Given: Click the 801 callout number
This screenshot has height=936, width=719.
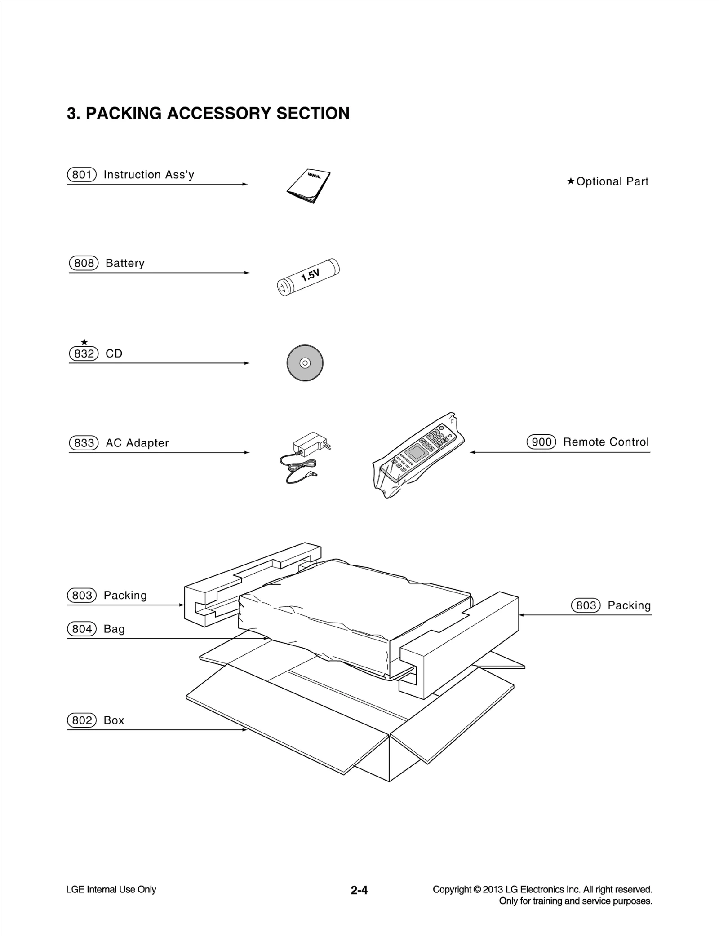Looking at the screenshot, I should coord(82,175).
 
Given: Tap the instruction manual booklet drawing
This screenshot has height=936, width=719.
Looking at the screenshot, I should coord(308,186).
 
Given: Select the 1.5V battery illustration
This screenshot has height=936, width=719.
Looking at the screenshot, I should coord(308,276).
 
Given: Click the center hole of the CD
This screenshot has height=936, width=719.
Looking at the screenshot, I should coord(305,363).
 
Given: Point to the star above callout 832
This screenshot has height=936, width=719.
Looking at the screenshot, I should coord(84,342).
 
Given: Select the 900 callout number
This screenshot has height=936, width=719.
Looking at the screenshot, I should coord(541,442).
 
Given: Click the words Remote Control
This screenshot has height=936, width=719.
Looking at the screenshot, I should coord(606,442).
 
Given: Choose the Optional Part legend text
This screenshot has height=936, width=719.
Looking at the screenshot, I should coord(612,181).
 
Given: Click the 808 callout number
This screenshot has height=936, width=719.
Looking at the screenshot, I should coord(84,263).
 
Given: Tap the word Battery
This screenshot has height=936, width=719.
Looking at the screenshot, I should coord(125,263).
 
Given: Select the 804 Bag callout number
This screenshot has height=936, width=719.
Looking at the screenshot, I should coord(82,629).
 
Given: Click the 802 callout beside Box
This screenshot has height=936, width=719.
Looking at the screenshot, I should coord(82,720).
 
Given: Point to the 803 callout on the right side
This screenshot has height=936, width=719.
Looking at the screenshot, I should coord(586,605).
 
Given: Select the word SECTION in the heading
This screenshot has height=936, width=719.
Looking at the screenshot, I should coord(313,113).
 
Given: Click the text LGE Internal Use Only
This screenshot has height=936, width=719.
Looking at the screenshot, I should coord(111,889).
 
